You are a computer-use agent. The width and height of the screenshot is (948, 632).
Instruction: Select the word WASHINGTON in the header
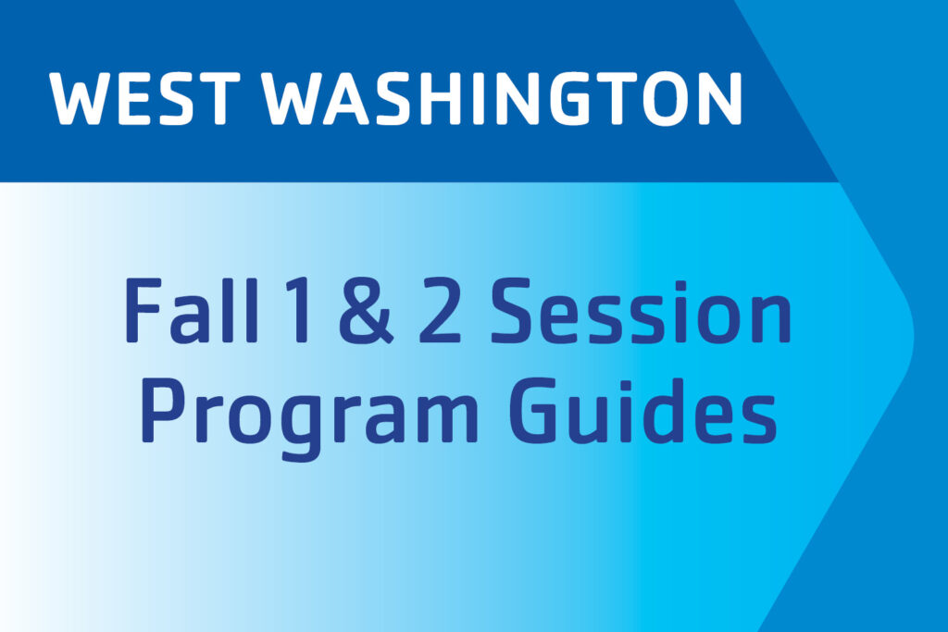(501, 98)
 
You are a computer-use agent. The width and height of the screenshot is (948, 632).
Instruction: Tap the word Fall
(192, 310)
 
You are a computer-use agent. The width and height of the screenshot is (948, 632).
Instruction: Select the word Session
(641, 311)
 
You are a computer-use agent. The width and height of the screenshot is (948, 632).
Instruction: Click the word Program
(309, 417)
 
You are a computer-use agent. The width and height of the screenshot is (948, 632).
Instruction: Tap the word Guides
(642, 410)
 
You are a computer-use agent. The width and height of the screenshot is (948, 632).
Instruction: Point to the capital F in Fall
(143, 310)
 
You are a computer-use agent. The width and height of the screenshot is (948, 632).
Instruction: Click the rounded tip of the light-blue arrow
(912, 333)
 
